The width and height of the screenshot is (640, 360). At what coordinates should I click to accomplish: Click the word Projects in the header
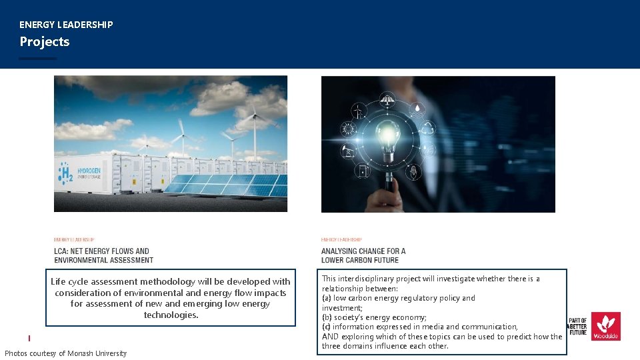coord(44,42)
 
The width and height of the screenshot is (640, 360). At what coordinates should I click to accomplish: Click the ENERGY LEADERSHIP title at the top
coord(66,25)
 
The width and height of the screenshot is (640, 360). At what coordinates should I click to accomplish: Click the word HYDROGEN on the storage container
coord(90,171)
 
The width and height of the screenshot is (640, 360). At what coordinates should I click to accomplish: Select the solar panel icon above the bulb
coord(387,101)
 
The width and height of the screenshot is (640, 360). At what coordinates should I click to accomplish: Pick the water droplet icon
coord(417,108)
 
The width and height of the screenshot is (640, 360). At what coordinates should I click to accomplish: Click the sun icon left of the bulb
coord(348,129)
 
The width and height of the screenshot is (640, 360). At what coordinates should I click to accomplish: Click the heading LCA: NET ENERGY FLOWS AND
coord(101,251)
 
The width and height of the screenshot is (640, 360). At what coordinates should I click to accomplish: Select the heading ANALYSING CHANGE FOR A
coord(363,251)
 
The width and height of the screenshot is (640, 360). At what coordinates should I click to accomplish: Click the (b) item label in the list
coord(326,317)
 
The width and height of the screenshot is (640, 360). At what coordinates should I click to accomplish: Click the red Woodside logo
coord(605,326)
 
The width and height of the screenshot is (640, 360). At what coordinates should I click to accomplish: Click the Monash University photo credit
coord(65,353)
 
